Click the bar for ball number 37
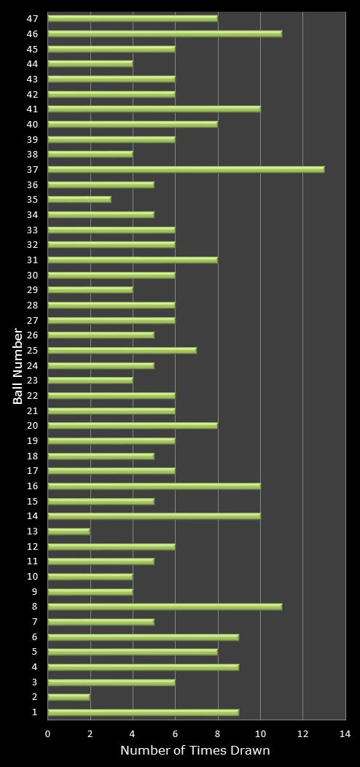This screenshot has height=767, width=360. (x=186, y=169)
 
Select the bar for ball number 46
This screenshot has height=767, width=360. (x=165, y=34)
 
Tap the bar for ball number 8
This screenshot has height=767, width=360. (x=165, y=607)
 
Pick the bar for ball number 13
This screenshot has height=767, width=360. (x=69, y=531)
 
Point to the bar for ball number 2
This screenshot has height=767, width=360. (x=69, y=697)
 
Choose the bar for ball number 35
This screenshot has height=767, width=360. (x=79, y=199)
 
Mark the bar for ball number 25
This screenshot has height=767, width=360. (x=122, y=350)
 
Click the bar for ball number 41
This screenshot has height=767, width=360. (x=154, y=109)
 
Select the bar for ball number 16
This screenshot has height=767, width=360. (x=154, y=486)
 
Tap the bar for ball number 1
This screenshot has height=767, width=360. (x=144, y=712)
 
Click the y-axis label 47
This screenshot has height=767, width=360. (x=34, y=18)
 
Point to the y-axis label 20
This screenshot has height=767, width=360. (x=34, y=426)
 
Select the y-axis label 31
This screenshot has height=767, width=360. (x=34, y=260)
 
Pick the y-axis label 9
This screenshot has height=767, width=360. (x=35, y=591)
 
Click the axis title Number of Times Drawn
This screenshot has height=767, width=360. (x=195, y=750)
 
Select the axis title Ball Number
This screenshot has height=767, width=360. (x=17, y=365)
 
